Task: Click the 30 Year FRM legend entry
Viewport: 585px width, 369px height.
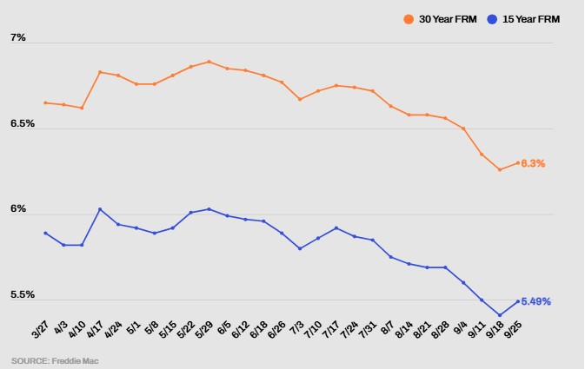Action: click(442, 18)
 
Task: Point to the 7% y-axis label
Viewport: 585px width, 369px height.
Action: click(18, 38)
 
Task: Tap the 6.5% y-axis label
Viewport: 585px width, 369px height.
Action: click(23, 123)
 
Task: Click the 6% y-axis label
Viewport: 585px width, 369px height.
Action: click(18, 209)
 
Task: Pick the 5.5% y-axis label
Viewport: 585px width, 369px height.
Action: click(23, 294)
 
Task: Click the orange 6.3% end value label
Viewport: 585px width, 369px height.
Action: click(533, 163)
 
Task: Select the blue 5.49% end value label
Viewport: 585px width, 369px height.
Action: click(536, 301)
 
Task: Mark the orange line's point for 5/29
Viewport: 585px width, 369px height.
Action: click(209, 62)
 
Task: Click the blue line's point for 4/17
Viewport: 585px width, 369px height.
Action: click(100, 209)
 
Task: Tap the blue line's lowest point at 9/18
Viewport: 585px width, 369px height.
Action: click(500, 315)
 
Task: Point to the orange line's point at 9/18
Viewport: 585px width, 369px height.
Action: click(500, 169)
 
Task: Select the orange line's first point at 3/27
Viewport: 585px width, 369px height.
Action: click(45, 102)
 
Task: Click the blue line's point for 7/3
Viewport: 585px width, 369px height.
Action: click(300, 248)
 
